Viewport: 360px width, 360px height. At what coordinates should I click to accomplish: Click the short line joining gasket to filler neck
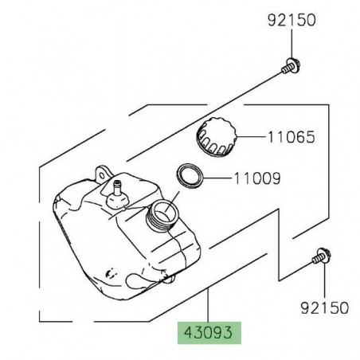[178, 194]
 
